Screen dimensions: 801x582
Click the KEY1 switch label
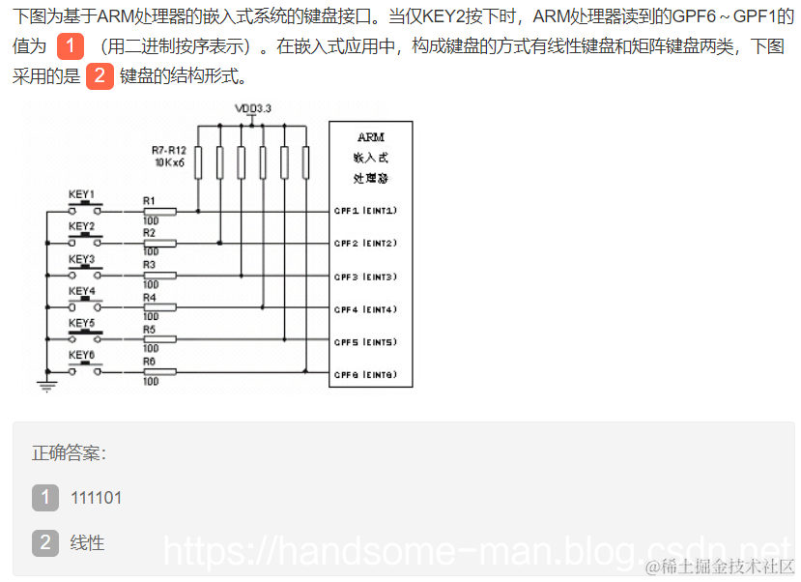[81, 194]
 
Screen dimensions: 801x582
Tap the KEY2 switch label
[81, 226]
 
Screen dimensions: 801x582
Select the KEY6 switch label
[81, 355]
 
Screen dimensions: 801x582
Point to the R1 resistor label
[149, 201]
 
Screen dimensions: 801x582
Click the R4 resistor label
[149, 298]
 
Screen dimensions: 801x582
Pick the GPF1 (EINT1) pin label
[365, 211]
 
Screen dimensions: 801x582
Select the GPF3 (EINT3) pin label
[365, 276]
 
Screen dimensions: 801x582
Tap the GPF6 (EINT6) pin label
[365, 375]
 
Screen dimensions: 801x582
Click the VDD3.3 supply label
[253, 108]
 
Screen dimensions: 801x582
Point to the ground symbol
[44, 386]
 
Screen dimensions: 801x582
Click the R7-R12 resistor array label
[168, 150]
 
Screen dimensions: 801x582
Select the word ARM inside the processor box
[370, 138]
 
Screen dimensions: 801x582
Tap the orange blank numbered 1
[71, 45]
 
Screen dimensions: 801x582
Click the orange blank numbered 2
[100, 76]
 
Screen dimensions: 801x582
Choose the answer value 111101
[96, 498]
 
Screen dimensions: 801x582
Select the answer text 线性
[87, 542]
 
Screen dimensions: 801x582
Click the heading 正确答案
[69, 452]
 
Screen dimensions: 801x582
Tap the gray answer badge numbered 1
[45, 498]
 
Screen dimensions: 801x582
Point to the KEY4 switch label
[81, 291]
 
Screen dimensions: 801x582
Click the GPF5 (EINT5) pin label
[365, 342]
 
